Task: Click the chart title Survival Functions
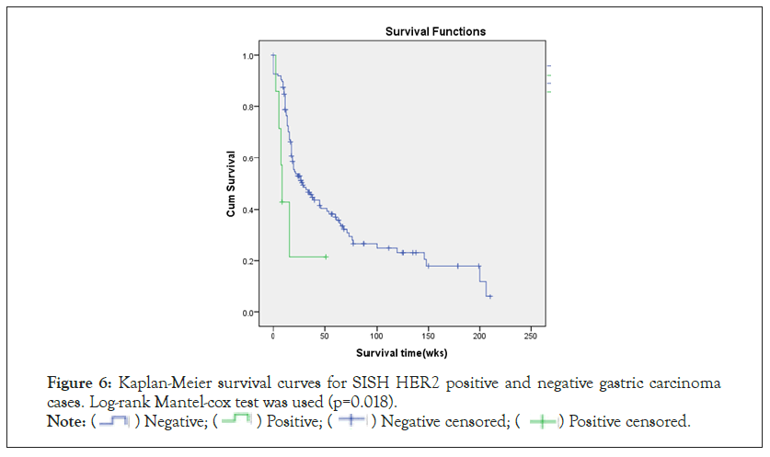(x=435, y=31)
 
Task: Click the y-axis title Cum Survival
(x=231, y=184)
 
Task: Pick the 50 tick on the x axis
(x=325, y=335)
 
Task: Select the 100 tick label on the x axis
(x=375, y=335)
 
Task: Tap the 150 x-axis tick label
(x=427, y=335)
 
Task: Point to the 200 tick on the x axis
(x=478, y=335)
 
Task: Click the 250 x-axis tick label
(x=530, y=335)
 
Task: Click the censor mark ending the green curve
(x=326, y=257)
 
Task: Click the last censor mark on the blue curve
(x=489, y=296)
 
